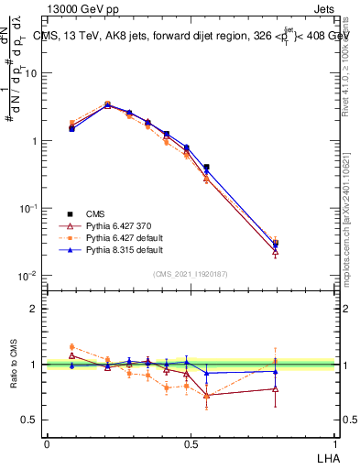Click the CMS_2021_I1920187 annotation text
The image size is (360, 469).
pyautogui.click(x=191, y=272)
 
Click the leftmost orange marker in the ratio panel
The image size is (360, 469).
pyautogui.click(x=72, y=347)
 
